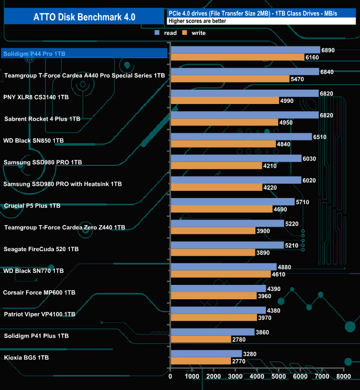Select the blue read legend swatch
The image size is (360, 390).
[157, 33]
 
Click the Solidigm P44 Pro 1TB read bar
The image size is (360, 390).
[246, 50]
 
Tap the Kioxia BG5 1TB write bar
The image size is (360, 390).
[201, 361]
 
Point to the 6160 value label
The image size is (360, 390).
[312, 57]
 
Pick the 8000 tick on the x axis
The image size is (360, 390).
[343, 376]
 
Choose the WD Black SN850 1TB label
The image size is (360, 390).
[34, 141]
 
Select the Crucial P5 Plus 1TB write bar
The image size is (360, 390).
[222, 209]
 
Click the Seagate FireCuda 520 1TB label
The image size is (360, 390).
[41, 249]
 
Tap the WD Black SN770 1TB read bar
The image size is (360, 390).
[224, 267]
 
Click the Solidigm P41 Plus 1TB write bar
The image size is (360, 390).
[201, 339]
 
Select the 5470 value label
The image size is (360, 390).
[297, 79]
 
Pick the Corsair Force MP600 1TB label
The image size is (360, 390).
[39, 292]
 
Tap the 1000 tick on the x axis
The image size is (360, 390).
[192, 376]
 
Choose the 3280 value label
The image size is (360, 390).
[250, 353]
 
